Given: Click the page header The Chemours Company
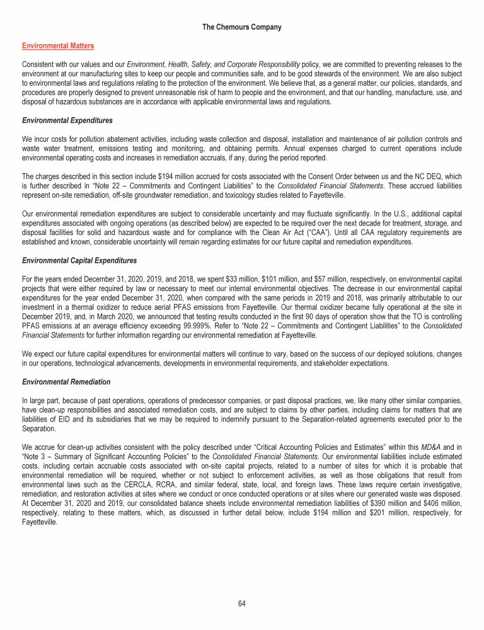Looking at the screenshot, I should (242, 28).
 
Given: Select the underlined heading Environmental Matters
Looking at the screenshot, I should (58, 46).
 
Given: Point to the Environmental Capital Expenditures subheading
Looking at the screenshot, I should (79, 260).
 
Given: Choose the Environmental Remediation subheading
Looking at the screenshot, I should (66, 382).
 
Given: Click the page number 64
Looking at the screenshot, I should (242, 603).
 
